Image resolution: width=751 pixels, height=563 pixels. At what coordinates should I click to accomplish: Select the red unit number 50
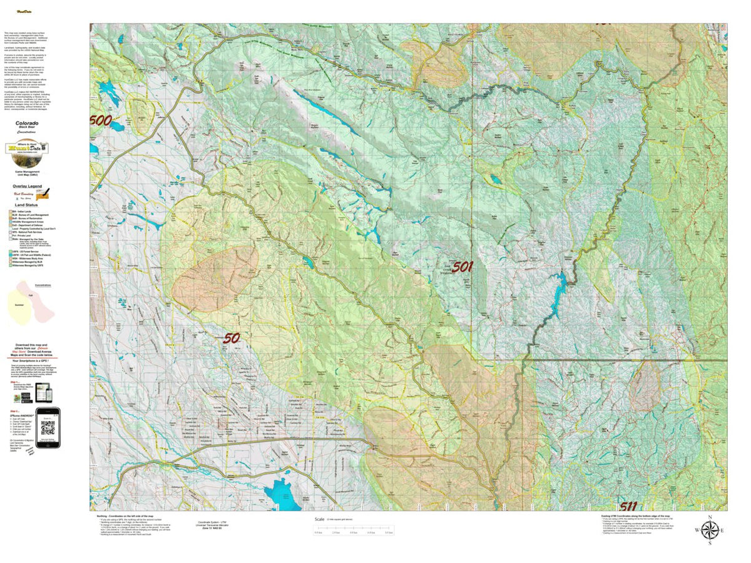point(232,338)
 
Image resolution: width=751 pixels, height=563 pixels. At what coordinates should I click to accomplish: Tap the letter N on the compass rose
point(709,517)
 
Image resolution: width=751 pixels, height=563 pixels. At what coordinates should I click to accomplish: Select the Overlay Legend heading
point(27,186)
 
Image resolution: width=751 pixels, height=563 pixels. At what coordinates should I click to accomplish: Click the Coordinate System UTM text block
point(213,524)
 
